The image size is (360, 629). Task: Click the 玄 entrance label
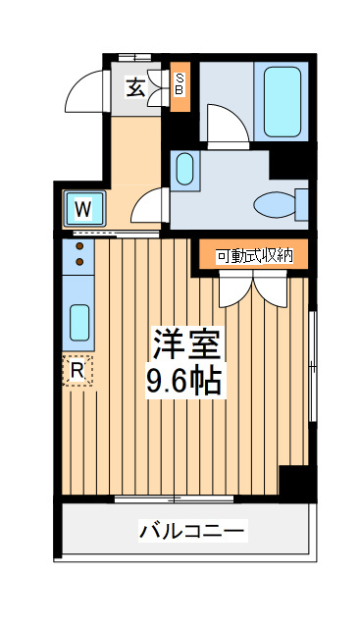pos(135,86)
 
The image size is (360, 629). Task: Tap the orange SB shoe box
pos(180,85)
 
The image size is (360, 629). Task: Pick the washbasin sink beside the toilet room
pos(185,169)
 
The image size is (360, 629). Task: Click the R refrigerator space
pos(77,370)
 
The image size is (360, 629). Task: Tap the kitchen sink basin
pos(78,322)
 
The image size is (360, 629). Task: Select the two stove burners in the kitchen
pos(78,252)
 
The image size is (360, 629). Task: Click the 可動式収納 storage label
pos(254,256)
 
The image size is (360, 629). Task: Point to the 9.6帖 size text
pos(187,380)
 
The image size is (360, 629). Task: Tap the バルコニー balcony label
pos(192,532)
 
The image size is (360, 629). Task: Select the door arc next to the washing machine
pos(146,205)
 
